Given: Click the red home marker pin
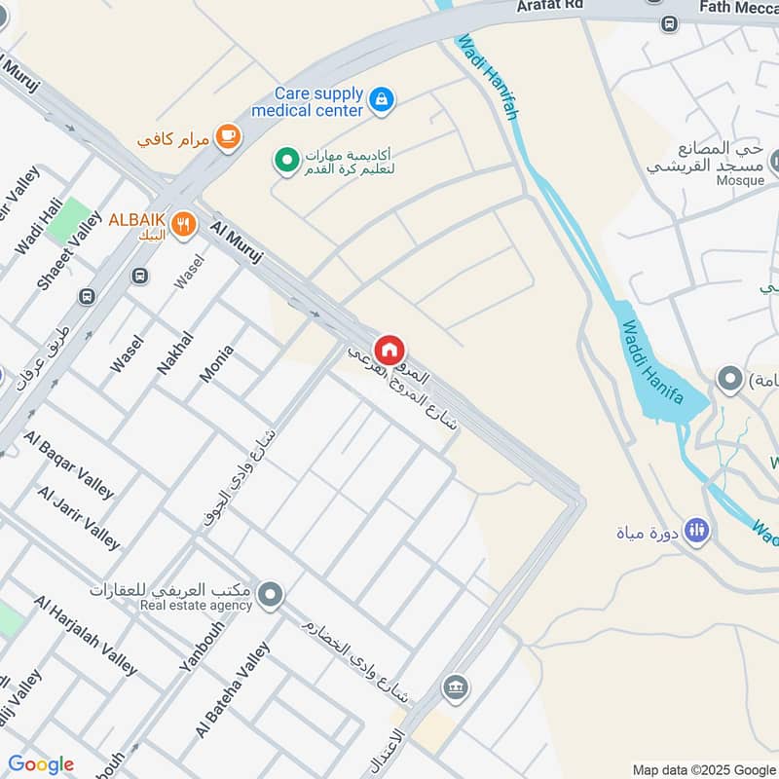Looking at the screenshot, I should click(x=389, y=350).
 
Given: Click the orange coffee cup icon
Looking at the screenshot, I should click(x=228, y=137).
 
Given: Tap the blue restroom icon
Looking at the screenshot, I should click(x=696, y=531).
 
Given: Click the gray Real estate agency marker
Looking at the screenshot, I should click(x=270, y=593).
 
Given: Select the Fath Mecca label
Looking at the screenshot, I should click(x=738, y=9).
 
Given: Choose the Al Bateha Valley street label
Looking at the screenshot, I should click(x=232, y=689).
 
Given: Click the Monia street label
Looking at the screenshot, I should click(x=216, y=362).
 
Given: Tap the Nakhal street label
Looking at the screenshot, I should click(x=175, y=352).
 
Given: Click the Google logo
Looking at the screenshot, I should click(x=41, y=764).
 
